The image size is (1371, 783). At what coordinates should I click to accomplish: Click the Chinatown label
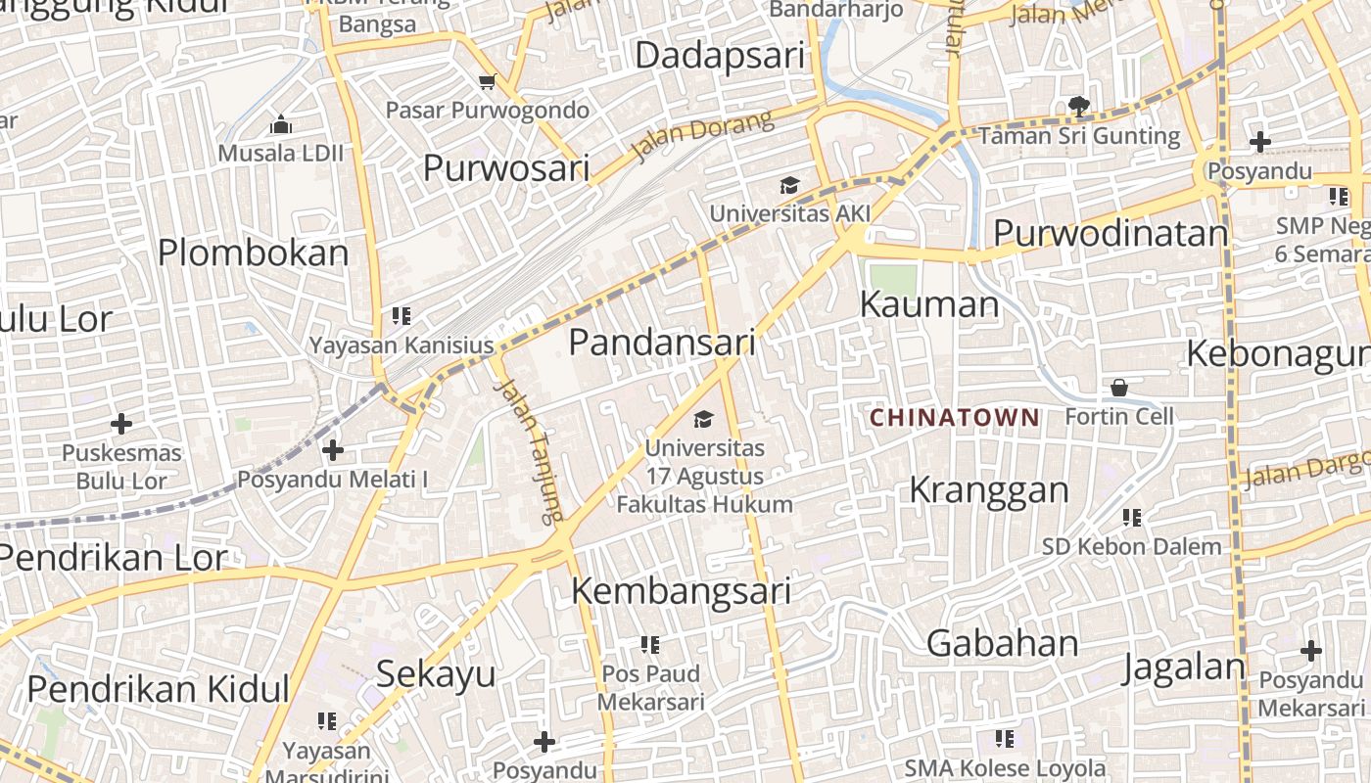point(955,418)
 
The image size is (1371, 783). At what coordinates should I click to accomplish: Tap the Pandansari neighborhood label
point(662,343)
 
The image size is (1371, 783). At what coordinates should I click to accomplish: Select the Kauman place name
point(929,304)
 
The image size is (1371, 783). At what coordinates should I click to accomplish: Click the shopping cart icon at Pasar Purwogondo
point(487,81)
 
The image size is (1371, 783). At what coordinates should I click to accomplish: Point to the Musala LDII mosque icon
point(281,124)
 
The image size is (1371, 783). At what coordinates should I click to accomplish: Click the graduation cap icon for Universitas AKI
point(789,186)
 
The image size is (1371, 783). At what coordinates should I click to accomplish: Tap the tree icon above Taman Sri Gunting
point(1079,106)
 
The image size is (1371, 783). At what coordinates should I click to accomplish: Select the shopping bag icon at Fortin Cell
point(1119,389)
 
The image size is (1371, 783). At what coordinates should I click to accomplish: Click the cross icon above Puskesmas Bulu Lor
point(121,424)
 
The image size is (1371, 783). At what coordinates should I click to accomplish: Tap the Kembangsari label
point(681,591)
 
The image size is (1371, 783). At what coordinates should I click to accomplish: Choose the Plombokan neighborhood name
point(254,253)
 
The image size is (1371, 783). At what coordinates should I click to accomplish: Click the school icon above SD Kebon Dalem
point(1132,517)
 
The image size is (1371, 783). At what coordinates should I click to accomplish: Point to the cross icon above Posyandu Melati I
point(333,450)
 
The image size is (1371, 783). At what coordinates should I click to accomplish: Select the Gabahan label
point(1003,643)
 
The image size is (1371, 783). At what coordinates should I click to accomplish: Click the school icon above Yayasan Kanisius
point(402,316)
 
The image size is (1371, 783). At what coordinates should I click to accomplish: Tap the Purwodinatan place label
point(1111,234)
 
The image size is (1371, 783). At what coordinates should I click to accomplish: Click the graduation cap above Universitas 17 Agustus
point(703,420)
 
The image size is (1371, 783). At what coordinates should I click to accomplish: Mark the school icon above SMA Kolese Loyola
point(1005,738)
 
